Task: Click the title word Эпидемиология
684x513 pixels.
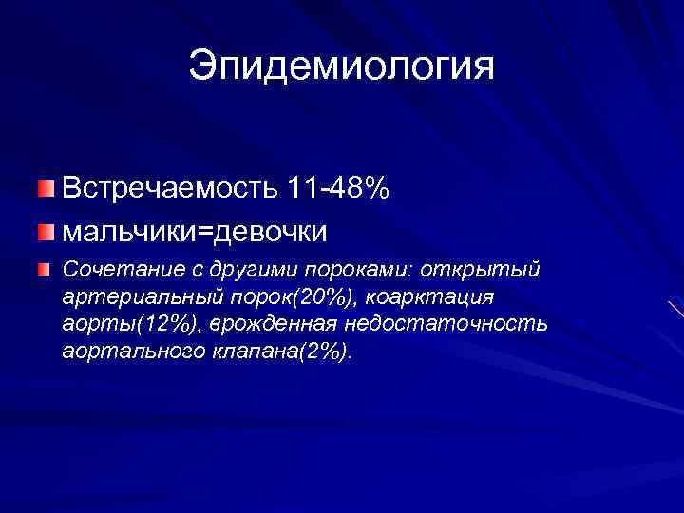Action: click(341, 66)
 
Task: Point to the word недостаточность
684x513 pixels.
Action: click(446, 325)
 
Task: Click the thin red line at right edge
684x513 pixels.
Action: click(675, 310)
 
